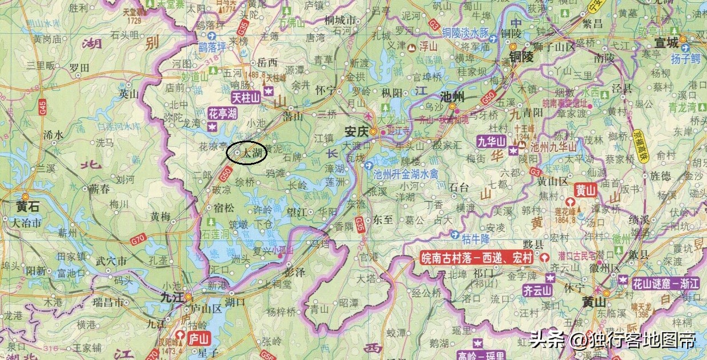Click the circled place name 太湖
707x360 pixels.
pyautogui.click(x=251, y=153)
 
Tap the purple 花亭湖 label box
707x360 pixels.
pyautogui.click(x=222, y=113)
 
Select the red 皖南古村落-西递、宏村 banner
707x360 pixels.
pyautogui.click(x=477, y=258)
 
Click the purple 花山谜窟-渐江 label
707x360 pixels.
pyautogui.click(x=665, y=283)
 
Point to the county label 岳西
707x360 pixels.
pyautogui.click(x=267, y=62)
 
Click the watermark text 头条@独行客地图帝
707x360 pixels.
pyautogui.click(x=613, y=341)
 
